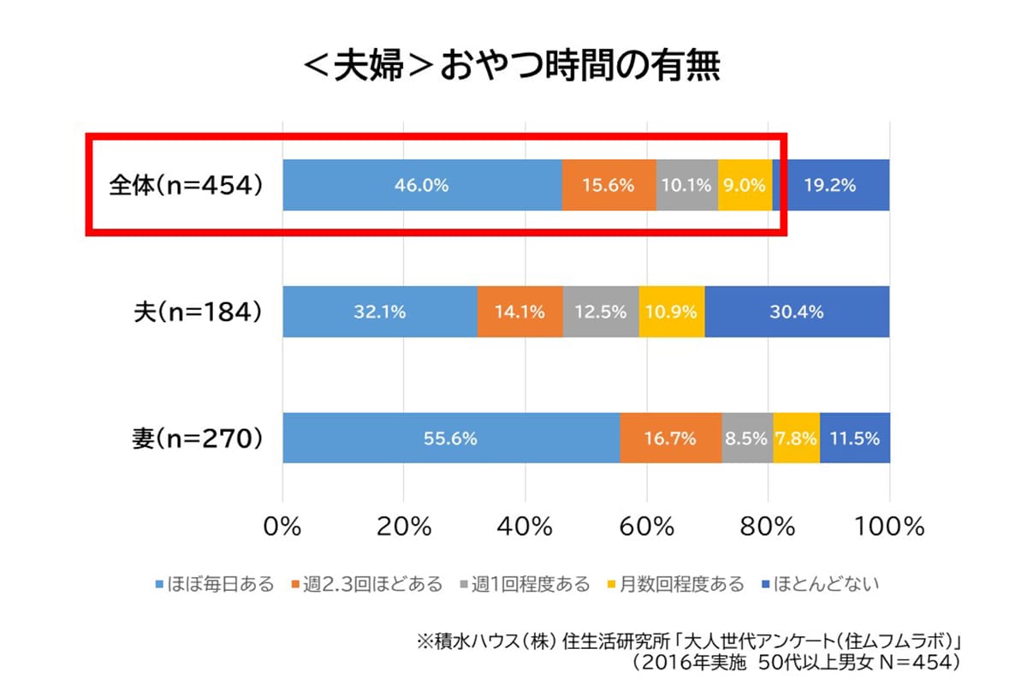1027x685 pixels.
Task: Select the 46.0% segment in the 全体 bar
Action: coord(421,185)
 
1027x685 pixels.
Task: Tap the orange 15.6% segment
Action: coord(608,185)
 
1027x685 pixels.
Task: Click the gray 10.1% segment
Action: coord(686,185)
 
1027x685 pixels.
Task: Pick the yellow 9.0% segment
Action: coord(744,185)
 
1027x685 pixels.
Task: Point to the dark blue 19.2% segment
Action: coord(831,185)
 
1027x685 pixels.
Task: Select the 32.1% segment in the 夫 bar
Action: coord(379,312)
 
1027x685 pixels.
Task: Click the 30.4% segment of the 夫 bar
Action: coord(797,312)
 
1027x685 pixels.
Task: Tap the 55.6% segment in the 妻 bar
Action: coord(450,438)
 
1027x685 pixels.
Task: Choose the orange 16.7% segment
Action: coord(670,438)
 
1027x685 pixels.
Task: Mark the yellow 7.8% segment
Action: coord(796,438)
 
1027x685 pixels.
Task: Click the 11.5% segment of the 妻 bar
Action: coord(854,438)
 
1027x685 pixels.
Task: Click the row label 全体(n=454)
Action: coord(185,185)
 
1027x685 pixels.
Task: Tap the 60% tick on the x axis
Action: coord(648,526)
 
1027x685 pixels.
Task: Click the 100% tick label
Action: coord(889,526)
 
